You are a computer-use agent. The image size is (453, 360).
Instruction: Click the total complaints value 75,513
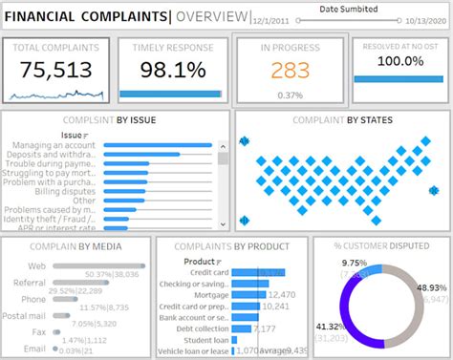(57, 72)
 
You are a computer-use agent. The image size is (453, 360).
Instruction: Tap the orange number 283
(290, 72)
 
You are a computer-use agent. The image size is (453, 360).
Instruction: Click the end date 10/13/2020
(421, 19)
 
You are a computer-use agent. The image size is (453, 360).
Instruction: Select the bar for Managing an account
(158, 144)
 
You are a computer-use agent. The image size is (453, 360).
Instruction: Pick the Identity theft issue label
(54, 219)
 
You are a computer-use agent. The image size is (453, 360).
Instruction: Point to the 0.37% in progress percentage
(291, 95)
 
